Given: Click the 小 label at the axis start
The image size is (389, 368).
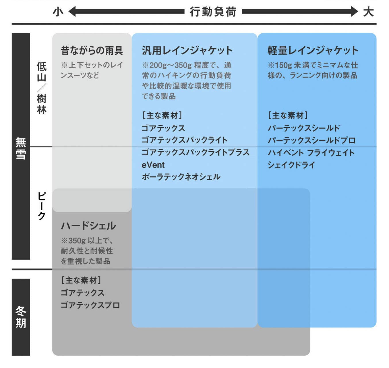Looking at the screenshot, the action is tap(58, 12).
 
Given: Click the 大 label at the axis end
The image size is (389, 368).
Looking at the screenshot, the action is tap(368, 12).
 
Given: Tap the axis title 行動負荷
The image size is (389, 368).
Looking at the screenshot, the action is tap(213, 12).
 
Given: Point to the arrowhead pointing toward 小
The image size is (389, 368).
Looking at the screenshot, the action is tap(72, 11).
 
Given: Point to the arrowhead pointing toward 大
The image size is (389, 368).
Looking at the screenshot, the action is tap(354, 11).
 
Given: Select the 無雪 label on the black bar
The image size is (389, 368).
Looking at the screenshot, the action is tap(21, 148).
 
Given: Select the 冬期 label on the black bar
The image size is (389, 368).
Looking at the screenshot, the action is tap(21, 317).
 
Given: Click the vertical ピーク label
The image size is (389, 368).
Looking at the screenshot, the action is tap(42, 206).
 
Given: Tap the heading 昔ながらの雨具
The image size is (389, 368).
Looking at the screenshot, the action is tap(92, 50).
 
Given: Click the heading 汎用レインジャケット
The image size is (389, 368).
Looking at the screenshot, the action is tap(187, 50).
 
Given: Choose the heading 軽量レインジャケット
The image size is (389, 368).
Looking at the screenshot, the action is tap(313, 50).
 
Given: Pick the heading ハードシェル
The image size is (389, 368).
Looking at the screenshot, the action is tap(88, 226).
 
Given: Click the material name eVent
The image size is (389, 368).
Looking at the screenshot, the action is tap(153, 165).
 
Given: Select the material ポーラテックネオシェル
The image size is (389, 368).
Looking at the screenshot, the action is tap(181, 177).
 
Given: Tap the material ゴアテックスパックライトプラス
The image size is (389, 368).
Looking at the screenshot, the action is tap(196, 152).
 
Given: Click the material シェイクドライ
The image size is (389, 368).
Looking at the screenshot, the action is tap(291, 165).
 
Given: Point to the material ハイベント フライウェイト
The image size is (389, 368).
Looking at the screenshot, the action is tap(311, 153).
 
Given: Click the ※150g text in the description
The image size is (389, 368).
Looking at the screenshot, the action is tap(280, 65).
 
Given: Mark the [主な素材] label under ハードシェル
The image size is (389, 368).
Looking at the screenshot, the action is tap(81, 280).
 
